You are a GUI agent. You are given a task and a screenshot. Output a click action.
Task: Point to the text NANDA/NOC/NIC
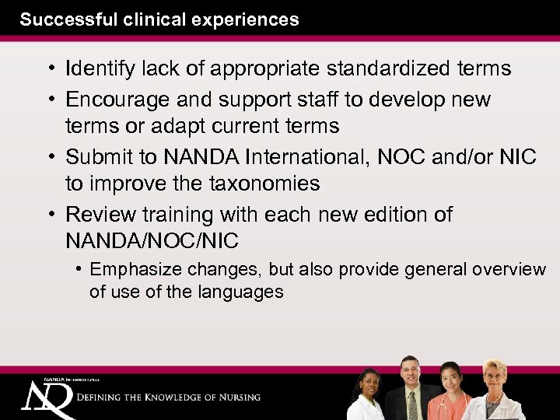click(x=152, y=241)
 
